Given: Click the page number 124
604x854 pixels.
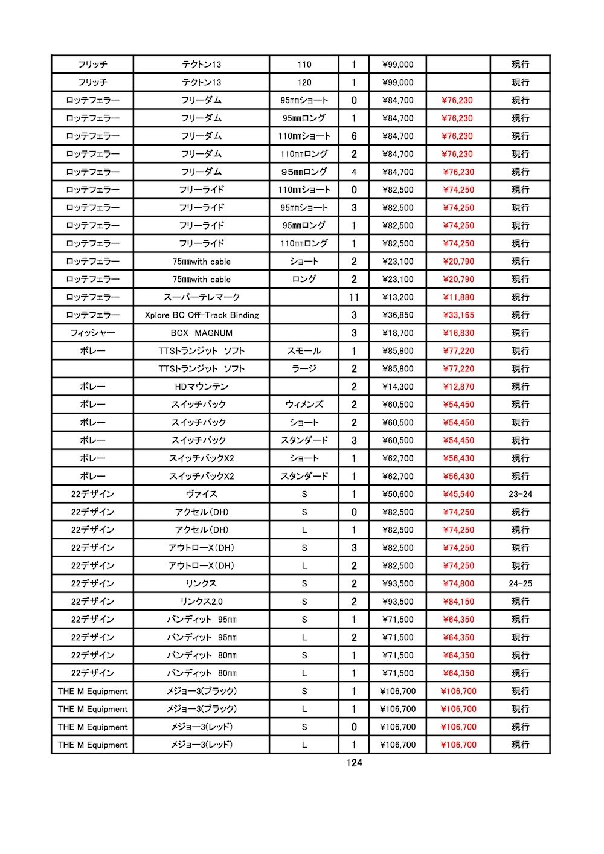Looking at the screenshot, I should coord(354,763).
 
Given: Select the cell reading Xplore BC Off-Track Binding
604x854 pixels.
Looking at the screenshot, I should coord(201,315).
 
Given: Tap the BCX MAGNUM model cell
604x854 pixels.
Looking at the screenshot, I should coord(201,333).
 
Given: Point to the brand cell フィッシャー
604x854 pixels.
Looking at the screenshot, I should coord(92,333).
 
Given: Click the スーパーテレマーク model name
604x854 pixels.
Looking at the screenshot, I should coord(201,297).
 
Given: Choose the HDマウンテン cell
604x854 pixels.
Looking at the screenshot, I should coord(201,387).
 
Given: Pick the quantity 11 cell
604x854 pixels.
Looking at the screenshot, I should coord(354,297).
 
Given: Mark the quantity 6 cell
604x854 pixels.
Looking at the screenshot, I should coord(354,136).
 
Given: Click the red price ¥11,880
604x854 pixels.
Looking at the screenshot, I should coord(458,297).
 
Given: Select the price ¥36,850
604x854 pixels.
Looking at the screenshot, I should coord(398,315).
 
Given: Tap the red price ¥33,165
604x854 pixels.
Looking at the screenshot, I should coord(458,315).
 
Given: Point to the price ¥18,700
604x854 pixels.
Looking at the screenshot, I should coord(398,333).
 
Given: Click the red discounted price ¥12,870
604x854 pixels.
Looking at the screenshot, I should coord(458,387).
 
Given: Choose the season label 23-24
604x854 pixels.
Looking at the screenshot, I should coord(520,494).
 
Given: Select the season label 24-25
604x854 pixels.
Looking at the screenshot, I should coord(520,583).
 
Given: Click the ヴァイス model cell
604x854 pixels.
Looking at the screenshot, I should coord(201,494).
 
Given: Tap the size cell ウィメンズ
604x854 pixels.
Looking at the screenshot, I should coord(304,405).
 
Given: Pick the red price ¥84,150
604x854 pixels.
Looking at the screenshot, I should coord(458,602).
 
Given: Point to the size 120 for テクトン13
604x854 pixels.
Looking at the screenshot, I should coord(304,82).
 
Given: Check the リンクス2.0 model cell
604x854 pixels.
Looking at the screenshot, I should coord(201,602).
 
